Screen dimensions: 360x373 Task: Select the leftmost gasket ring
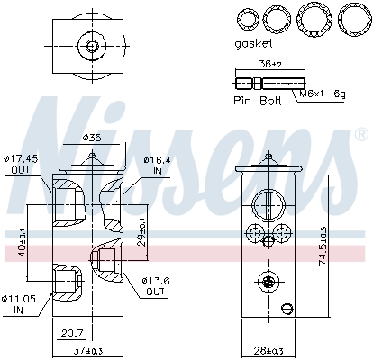[x=246, y=17]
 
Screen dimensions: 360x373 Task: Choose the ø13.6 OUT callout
[x=155, y=286]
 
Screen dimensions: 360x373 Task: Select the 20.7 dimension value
[x=73, y=332]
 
